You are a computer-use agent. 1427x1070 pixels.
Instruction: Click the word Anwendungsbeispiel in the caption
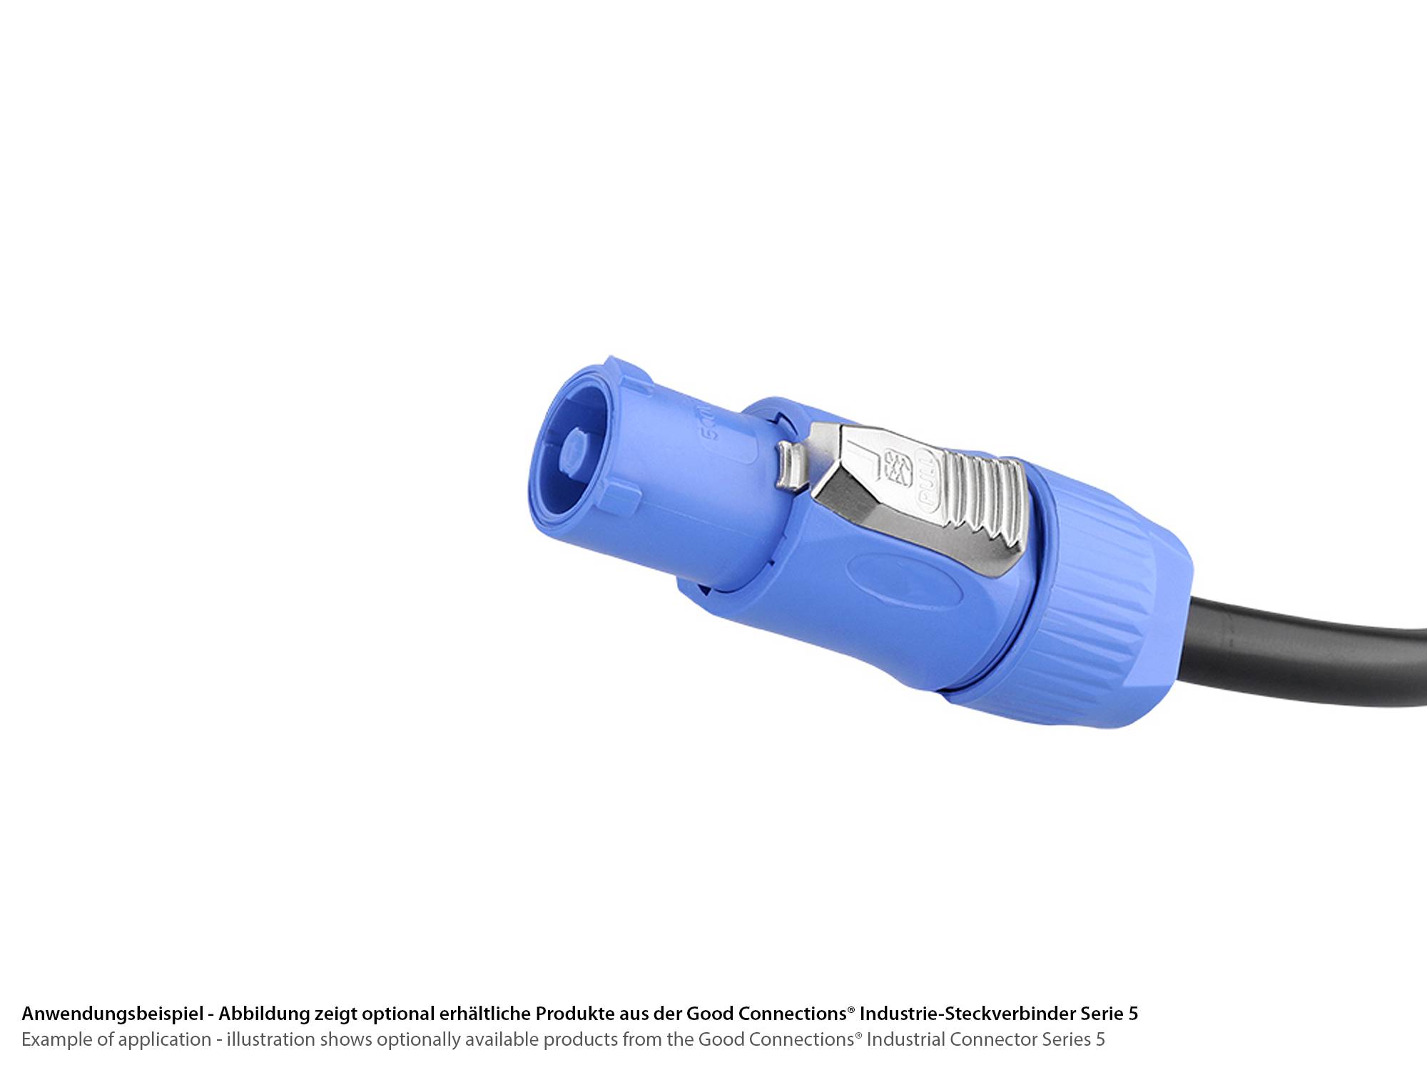point(113,1014)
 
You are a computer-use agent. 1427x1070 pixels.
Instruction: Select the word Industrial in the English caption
point(905,1039)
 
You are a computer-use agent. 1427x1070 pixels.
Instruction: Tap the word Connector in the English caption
point(993,1039)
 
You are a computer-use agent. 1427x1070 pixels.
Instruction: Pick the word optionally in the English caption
point(420,1039)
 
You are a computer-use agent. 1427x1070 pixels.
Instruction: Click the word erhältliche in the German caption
point(484,1014)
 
